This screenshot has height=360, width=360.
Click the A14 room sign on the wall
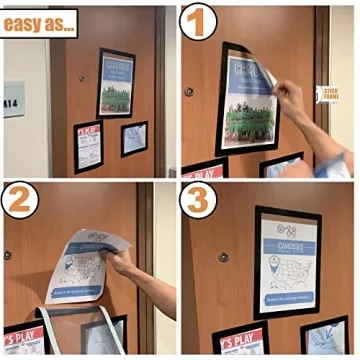(x=13, y=100)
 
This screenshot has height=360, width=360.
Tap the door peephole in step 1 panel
(x=189, y=91)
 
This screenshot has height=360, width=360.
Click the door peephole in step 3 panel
(x=224, y=258)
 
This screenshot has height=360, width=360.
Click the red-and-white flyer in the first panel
(x=88, y=146)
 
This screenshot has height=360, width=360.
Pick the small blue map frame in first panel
(x=134, y=138)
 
